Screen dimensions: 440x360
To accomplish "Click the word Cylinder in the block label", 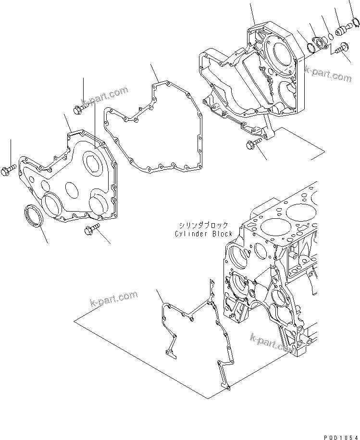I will pos(191,234).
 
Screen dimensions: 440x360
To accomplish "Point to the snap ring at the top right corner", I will pos(356,22).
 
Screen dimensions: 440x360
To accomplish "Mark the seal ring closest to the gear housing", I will pos(310,49).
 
